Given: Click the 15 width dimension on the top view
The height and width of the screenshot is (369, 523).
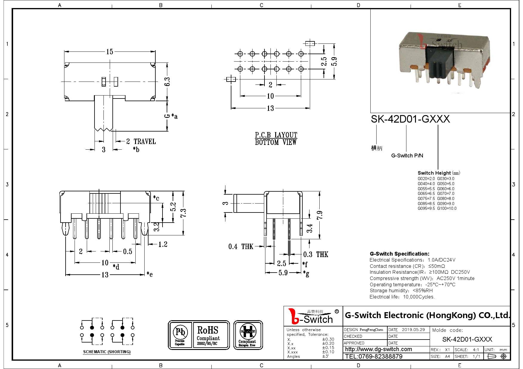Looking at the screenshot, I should pos(109,52).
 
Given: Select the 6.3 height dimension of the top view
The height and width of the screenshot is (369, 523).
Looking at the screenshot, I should pos(167,82).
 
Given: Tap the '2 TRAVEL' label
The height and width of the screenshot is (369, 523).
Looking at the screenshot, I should pos(141,142).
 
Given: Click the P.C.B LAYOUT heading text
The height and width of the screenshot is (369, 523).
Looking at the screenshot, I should pos(276,135).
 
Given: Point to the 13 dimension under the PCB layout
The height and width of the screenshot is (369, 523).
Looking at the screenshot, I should pos(270,108).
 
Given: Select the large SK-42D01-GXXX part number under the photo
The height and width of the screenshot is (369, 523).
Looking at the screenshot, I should pos(410,119).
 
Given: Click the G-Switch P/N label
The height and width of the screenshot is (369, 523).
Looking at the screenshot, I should pos(407,156).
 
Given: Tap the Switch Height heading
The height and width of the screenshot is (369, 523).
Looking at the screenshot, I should pos(434,173).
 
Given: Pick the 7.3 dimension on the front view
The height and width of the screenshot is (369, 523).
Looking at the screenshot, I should pos(183,213).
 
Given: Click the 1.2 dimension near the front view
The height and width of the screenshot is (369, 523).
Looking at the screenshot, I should pos(163,245).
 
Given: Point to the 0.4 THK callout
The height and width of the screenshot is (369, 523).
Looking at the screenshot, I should pos(241,246).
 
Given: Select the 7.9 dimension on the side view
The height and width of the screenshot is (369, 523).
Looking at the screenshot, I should pos(320,215).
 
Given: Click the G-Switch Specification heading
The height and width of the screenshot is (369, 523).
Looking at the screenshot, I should pos(400,254).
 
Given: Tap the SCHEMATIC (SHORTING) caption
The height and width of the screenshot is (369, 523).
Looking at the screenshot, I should pos(107,352).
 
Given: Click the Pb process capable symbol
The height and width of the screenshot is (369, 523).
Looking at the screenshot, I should pos(180,335).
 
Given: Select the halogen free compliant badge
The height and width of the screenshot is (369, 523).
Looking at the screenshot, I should pos(248,335).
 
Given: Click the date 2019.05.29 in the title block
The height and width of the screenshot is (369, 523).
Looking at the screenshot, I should pos(413,330).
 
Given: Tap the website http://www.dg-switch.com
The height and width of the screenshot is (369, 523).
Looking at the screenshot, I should pos(378,349).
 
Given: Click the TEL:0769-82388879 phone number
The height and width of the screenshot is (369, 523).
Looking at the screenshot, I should pos(374,357).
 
